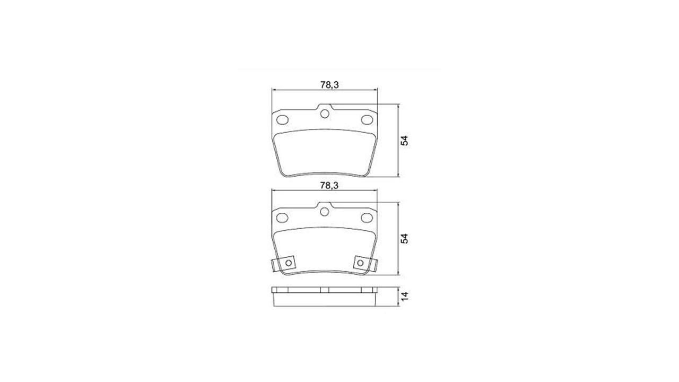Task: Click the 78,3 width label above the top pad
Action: click(329, 85)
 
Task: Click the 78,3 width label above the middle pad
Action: click(329, 186)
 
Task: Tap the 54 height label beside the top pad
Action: click(405, 141)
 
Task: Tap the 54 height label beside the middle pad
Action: click(405, 239)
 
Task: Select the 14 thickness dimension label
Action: click(405, 296)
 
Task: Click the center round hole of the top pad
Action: click(325, 114)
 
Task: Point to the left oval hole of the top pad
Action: click(283, 120)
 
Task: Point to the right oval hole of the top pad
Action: click(367, 120)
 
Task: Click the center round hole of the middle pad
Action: click(324, 212)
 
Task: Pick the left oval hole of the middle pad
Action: click(283, 218)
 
